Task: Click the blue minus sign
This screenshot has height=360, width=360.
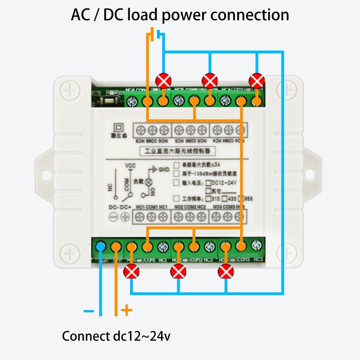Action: coord(89,311)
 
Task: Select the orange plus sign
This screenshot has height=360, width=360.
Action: coord(127,310)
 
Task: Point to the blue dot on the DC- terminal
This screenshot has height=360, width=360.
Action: coord(101,246)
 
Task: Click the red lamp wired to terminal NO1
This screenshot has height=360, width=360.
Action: coord(131,271)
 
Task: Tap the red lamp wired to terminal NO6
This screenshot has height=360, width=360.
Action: coord(163,81)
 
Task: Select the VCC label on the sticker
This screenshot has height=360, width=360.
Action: coord(130,165)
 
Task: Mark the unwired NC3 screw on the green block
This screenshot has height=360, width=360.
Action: coord(257,246)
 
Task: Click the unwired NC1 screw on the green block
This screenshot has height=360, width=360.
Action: coord(163,246)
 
